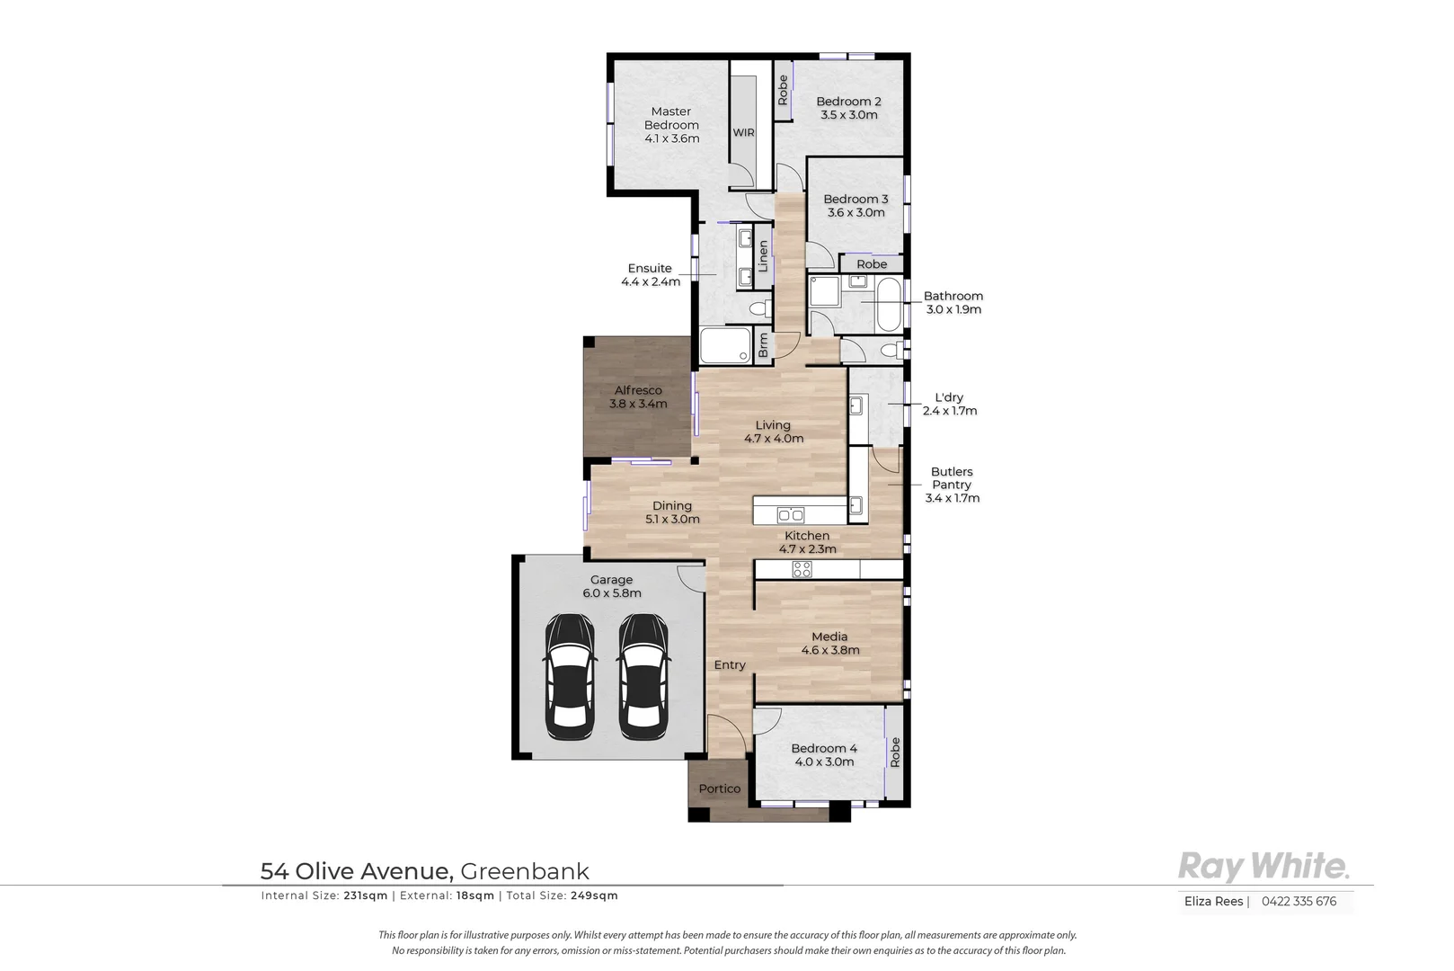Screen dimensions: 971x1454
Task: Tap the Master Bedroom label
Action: pos(671,118)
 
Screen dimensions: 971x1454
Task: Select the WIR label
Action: pos(743,133)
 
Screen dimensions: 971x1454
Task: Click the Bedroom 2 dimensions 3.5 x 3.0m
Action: pos(848,115)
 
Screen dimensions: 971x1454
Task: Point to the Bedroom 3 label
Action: pos(856,199)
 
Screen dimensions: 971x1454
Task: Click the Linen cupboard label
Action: pos(763,256)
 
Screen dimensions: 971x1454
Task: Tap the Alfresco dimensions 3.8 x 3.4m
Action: pos(638,404)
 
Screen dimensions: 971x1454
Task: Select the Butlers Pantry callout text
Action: pos(952,485)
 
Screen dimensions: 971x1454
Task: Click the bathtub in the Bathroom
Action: pos(887,305)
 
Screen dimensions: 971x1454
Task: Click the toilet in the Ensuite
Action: pos(759,309)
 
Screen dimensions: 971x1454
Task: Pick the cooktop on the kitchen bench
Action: pos(802,569)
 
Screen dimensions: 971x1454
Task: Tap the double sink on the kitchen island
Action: pos(791,515)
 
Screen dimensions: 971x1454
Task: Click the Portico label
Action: pos(720,788)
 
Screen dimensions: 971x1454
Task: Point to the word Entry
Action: pos(730,665)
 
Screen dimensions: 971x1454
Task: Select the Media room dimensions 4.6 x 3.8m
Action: pos(829,650)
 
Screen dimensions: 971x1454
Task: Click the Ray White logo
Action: pos(1263,867)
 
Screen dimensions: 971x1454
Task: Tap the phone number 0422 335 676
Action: pos(1299,901)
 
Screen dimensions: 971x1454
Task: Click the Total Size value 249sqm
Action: pos(594,895)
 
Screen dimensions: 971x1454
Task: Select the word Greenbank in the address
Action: pos(525,871)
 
